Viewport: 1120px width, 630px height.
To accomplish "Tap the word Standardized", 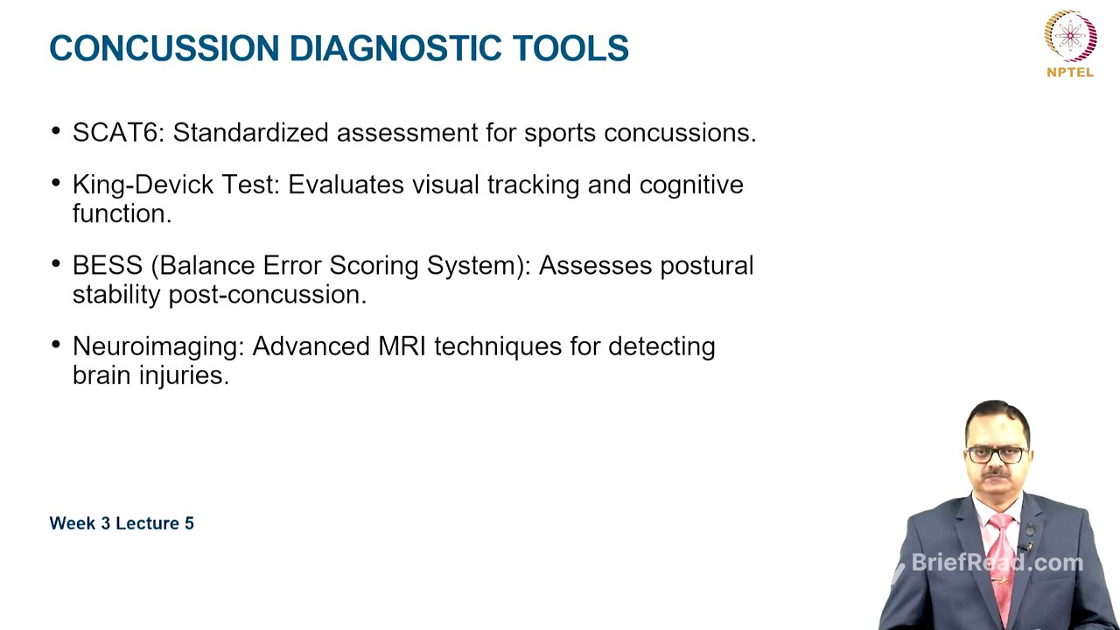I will [x=253, y=133].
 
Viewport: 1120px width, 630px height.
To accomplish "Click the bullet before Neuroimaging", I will [x=57, y=346].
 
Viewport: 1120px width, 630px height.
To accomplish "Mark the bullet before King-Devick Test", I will [x=57, y=184].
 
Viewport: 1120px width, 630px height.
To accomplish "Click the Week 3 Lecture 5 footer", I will [x=122, y=523].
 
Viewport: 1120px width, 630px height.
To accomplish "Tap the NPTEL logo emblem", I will [x=1070, y=35].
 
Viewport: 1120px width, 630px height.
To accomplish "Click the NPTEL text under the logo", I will [x=1070, y=73].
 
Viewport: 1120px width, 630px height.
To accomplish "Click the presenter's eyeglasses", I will [x=997, y=455].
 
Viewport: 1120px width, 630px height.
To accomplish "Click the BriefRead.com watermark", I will [x=997, y=563].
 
